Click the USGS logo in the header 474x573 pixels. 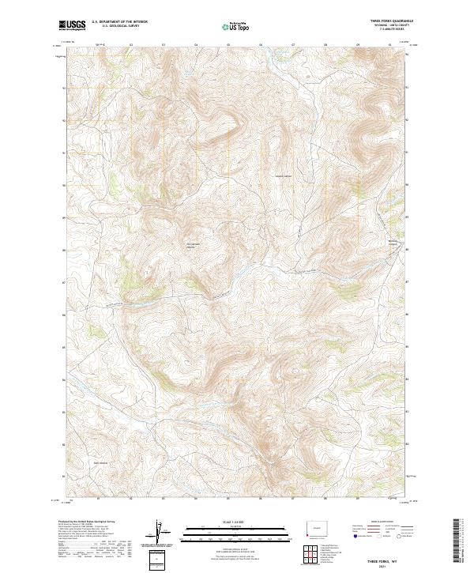click(71, 25)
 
